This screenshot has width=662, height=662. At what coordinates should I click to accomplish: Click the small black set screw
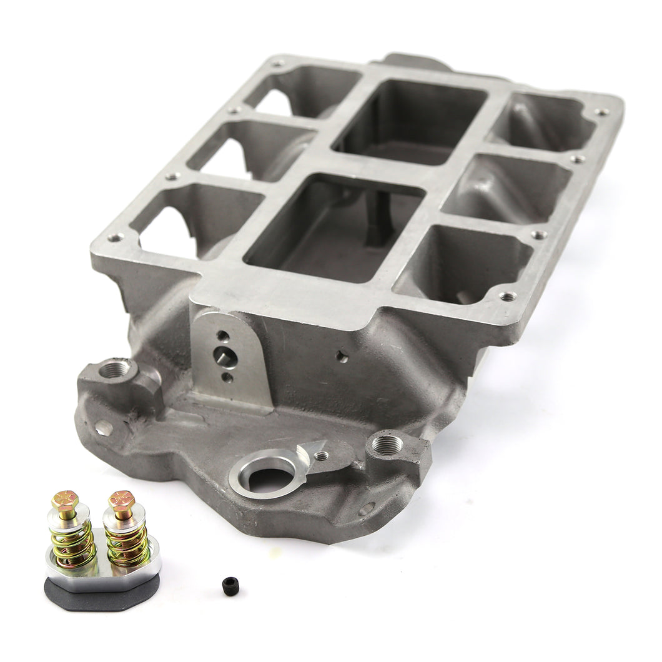click(229, 585)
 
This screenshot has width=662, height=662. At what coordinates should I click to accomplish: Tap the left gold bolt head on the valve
click(65, 500)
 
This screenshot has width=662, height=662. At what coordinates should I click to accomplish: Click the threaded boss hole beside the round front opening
click(387, 445)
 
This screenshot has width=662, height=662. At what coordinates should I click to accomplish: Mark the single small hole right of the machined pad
click(342, 357)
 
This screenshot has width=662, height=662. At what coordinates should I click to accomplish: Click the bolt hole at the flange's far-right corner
click(601, 112)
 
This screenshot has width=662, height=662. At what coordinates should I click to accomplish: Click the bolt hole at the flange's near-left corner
click(114, 237)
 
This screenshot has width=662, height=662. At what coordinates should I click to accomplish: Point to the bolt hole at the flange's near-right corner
click(508, 296)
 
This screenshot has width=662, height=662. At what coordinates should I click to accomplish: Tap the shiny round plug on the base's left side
click(102, 428)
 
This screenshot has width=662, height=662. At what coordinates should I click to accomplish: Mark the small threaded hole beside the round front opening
click(320, 457)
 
